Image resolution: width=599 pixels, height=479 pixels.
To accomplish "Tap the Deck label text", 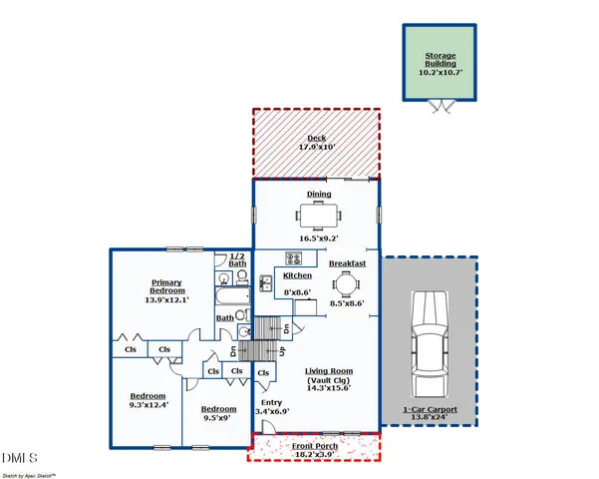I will (x=316, y=138).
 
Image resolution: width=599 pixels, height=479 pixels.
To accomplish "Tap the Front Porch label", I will (x=314, y=446).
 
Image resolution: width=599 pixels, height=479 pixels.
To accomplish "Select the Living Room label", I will (x=330, y=371).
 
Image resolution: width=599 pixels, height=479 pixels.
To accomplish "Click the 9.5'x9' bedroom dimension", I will (x=218, y=419).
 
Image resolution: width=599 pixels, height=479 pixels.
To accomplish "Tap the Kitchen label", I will (x=298, y=275).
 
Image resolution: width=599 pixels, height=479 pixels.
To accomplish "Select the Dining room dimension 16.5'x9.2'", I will (x=316, y=239).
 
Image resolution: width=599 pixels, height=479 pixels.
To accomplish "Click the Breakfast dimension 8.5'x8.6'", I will (x=348, y=303).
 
